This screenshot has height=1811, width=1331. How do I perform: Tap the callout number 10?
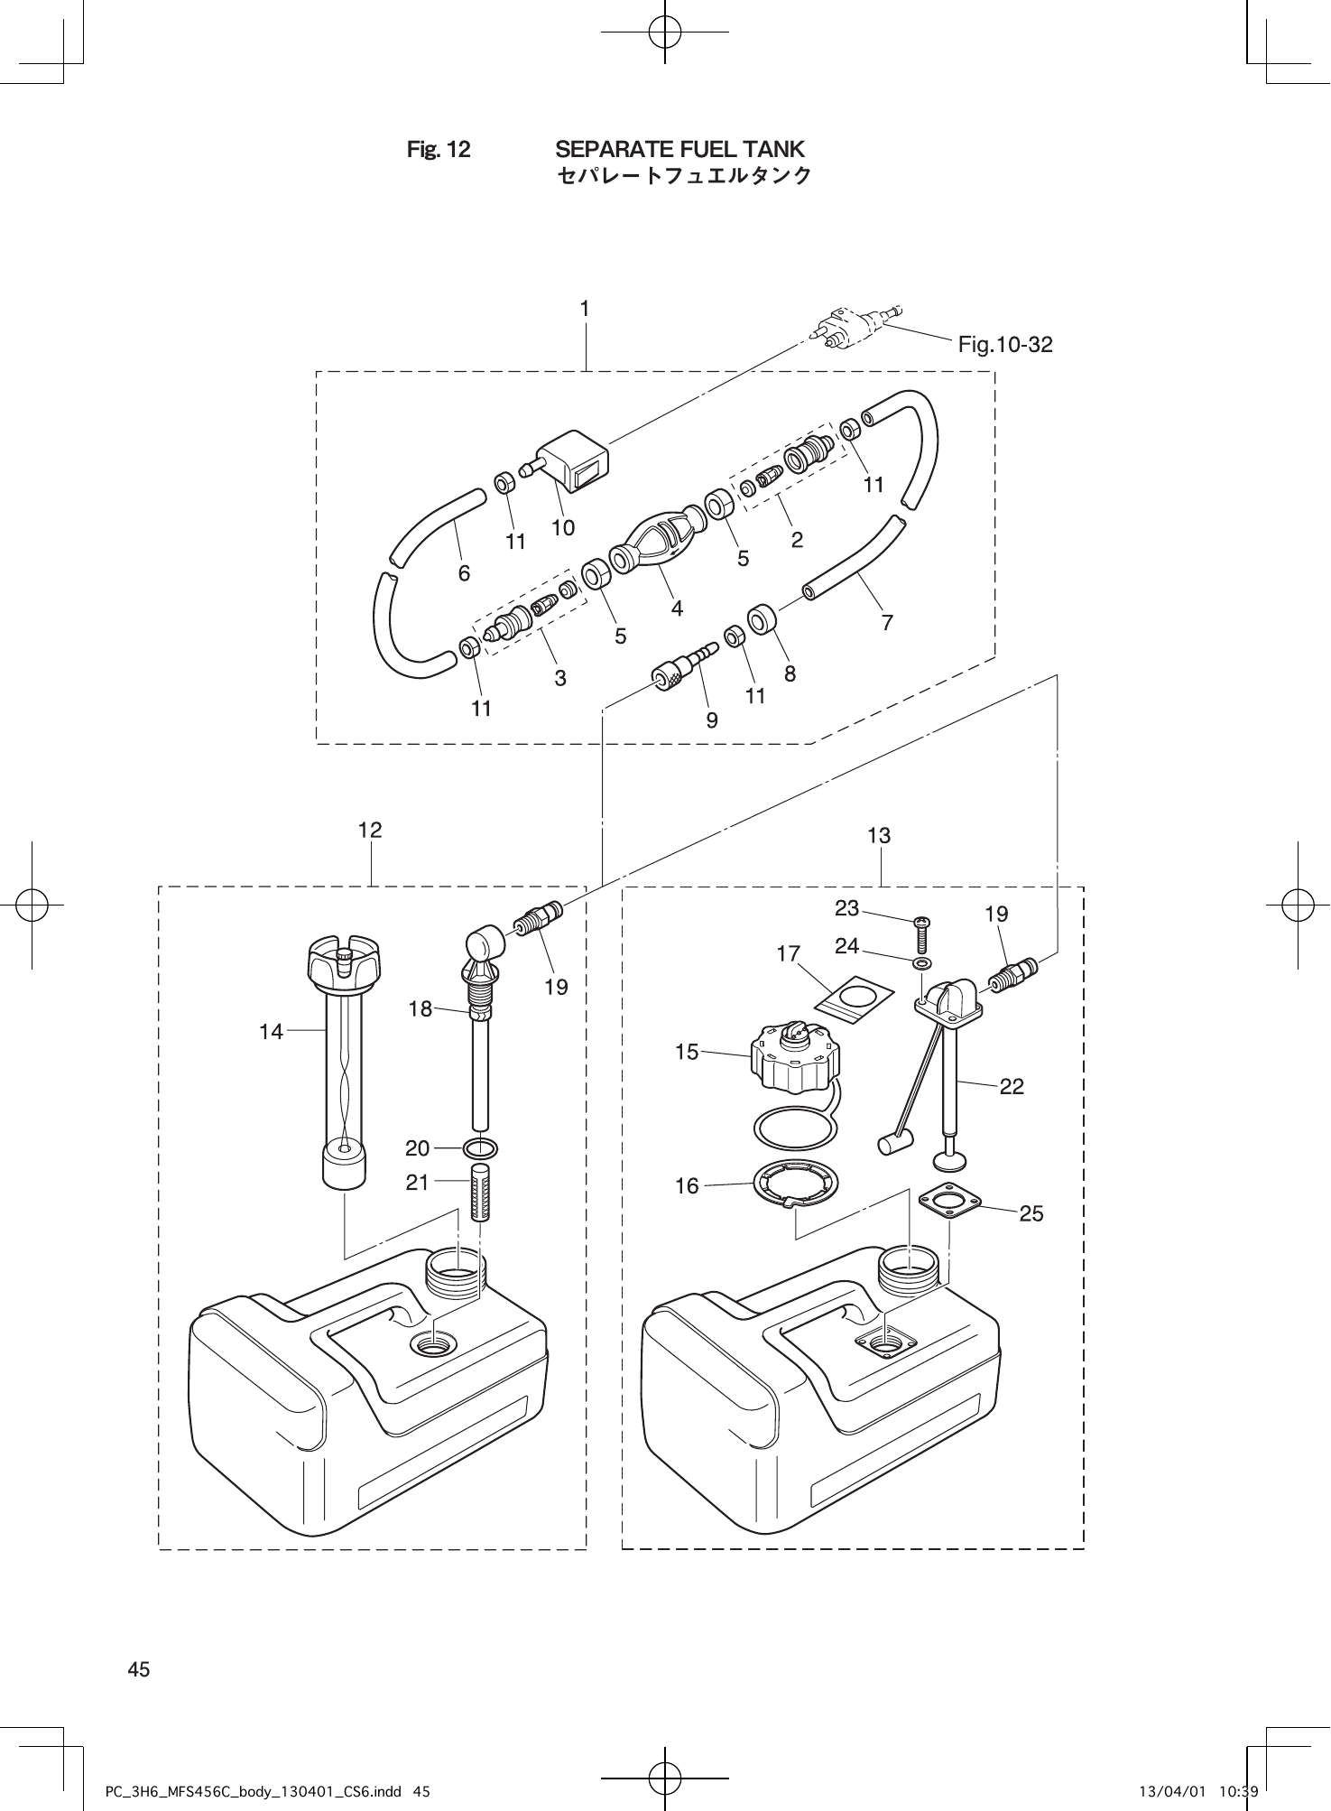coord(563,527)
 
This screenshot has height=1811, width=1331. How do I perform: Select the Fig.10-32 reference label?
coord(1005,344)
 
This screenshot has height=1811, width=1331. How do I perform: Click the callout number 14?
coord(271,1031)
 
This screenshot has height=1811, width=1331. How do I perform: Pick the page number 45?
coord(138,1669)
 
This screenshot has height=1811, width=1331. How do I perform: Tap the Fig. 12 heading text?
coord(439,149)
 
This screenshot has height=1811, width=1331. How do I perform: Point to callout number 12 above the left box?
coord(370,830)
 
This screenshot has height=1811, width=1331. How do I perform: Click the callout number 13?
coord(879,836)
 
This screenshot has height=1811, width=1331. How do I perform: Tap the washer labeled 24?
coord(921,965)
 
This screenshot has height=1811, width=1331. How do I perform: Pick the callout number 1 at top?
coord(585,309)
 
